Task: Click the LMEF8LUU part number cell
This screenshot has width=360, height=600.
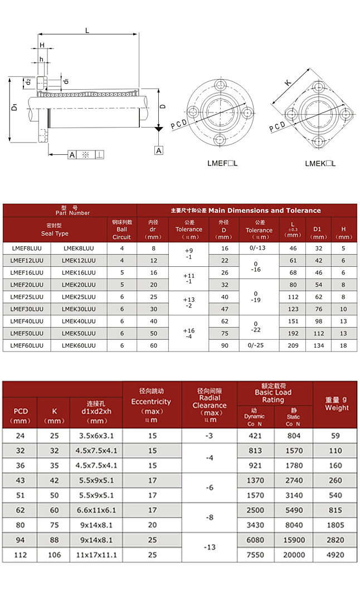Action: coord(27,248)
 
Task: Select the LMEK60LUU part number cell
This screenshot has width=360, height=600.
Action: coord(79,345)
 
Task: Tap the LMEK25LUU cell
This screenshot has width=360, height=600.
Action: coord(79,297)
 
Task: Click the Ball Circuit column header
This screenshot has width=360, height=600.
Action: coord(121,229)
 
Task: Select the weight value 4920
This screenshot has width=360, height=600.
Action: coord(335,555)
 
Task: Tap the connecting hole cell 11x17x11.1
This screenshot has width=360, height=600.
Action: coord(96,555)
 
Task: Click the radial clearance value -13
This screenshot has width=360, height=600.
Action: coord(210,547)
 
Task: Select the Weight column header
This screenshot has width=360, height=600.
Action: coord(335,403)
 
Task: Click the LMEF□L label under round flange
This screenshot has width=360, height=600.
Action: coord(222,164)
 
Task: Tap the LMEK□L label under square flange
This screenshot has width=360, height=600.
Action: coord(320,164)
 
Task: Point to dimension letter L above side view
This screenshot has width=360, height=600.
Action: coord(87,31)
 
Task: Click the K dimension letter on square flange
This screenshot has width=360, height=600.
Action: coord(288,83)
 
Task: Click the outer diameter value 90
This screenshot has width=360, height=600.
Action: coord(224,345)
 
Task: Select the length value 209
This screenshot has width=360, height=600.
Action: coord(292,345)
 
